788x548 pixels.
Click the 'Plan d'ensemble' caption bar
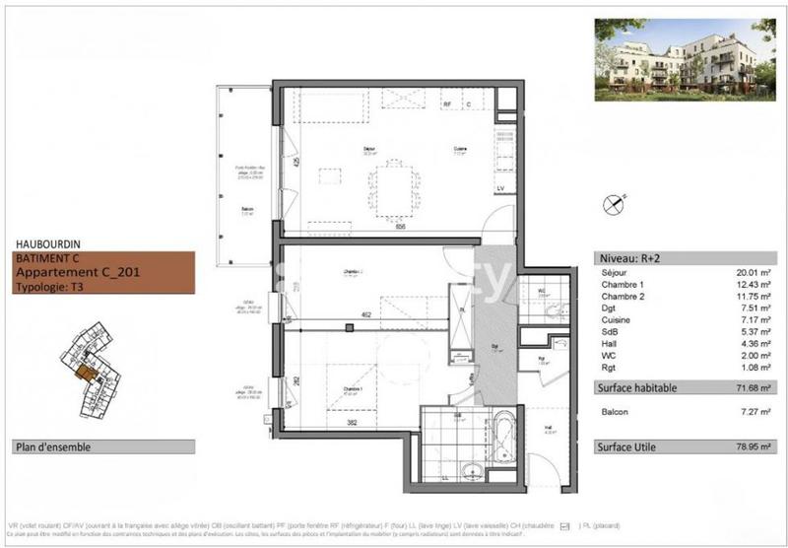(x=53, y=446)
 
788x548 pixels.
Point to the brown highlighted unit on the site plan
(x=86, y=374)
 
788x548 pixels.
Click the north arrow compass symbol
(x=616, y=204)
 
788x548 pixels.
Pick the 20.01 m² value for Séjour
(x=753, y=272)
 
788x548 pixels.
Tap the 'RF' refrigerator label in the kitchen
(x=446, y=103)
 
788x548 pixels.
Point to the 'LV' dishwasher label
(x=499, y=187)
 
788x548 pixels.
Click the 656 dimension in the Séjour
(x=401, y=226)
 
